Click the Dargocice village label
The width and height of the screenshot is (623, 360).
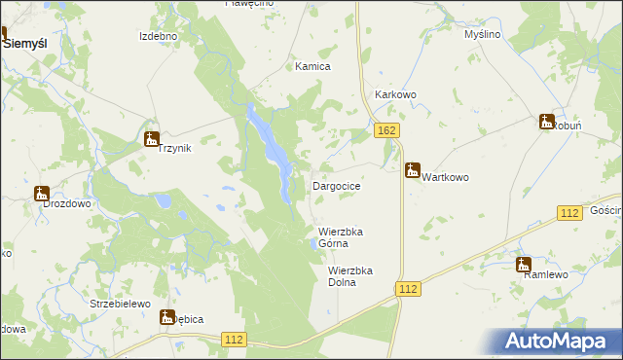coord(337,185)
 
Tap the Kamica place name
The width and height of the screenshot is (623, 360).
coord(313,67)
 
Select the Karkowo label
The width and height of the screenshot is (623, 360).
coord(395,95)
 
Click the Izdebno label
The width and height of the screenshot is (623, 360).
coord(158,36)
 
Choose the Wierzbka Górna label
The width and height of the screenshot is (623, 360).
coord(340,237)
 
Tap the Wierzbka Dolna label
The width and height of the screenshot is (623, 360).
coord(350,276)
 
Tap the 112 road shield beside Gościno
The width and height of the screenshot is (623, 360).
coord(570,212)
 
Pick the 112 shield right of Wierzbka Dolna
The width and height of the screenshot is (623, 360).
coord(408,289)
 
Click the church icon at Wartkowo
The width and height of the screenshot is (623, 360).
coord(413,169)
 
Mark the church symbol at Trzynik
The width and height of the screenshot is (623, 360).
coord(151,139)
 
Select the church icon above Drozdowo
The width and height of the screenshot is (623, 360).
coord(42,194)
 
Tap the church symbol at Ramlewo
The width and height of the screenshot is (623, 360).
coord(524,264)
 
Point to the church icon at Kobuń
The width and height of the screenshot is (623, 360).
coord(546,121)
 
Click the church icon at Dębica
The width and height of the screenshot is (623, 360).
coord(168,316)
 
